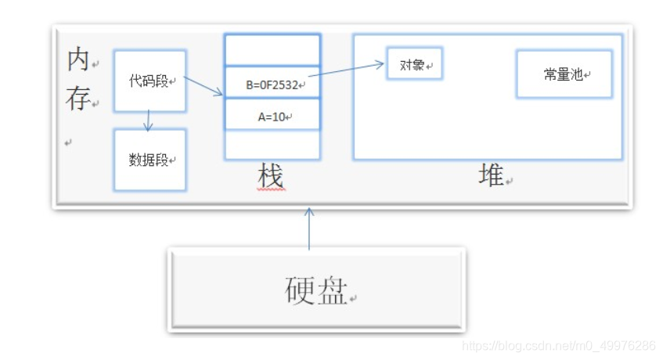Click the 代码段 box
[x=150, y=81]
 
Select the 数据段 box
[x=150, y=160]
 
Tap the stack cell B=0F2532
[x=272, y=83]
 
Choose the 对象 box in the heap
[x=414, y=65]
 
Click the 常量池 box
[x=564, y=74]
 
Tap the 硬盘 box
[x=316, y=290]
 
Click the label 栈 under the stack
[x=270, y=178]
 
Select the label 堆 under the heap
[x=491, y=177]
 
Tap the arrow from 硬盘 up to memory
[x=309, y=229]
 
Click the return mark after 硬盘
[x=354, y=299]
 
